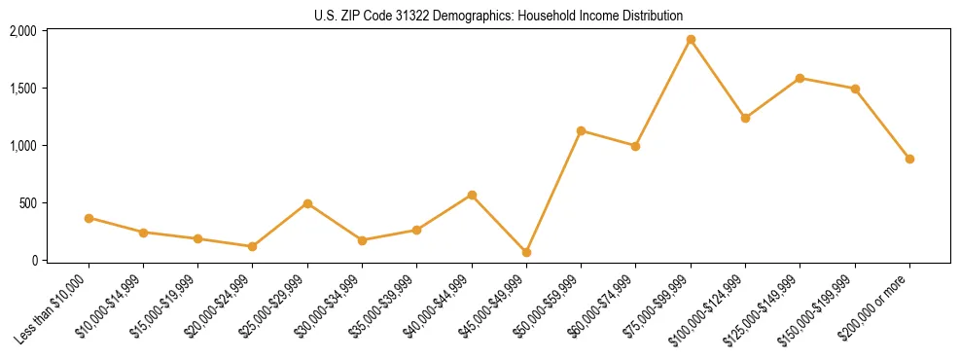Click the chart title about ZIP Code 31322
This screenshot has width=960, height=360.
click(x=499, y=16)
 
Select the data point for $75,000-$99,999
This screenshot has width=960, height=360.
click(x=691, y=40)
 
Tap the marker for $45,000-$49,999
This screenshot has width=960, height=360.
click(x=526, y=252)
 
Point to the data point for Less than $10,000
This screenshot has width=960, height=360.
click(x=89, y=218)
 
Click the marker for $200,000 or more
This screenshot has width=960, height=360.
click(x=909, y=159)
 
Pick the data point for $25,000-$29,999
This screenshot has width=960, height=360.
click(x=307, y=203)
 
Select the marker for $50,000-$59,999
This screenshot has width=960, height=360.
click(x=581, y=130)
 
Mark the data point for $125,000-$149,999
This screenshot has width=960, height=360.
click(x=800, y=78)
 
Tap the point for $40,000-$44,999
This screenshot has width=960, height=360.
click(x=472, y=195)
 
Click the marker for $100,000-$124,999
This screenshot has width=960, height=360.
click(x=745, y=118)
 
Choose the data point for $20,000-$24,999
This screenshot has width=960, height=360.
click(x=253, y=246)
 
